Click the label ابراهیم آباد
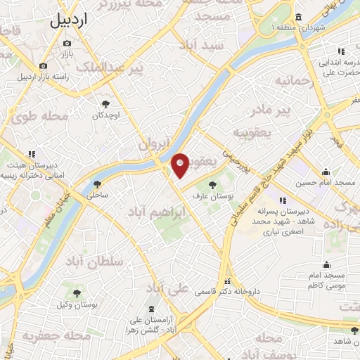pos(158,210)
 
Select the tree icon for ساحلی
pos(97,185)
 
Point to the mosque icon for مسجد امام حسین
pos(326,172)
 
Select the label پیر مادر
pos(252,110)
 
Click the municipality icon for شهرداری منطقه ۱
pos(299,17)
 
